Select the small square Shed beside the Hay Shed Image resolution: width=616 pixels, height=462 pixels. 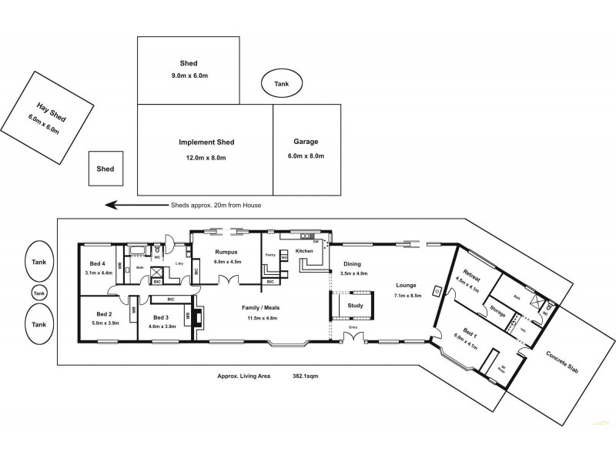point(106,168)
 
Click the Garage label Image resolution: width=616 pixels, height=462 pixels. point(306,142)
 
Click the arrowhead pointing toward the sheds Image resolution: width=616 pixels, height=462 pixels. point(111,205)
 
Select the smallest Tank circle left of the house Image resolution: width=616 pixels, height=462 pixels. point(38,293)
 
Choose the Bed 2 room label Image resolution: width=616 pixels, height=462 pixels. point(105,313)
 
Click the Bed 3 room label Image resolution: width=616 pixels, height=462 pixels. point(160,317)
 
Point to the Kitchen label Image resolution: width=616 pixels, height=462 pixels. point(304,252)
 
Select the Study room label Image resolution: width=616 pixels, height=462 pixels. point(355,306)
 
